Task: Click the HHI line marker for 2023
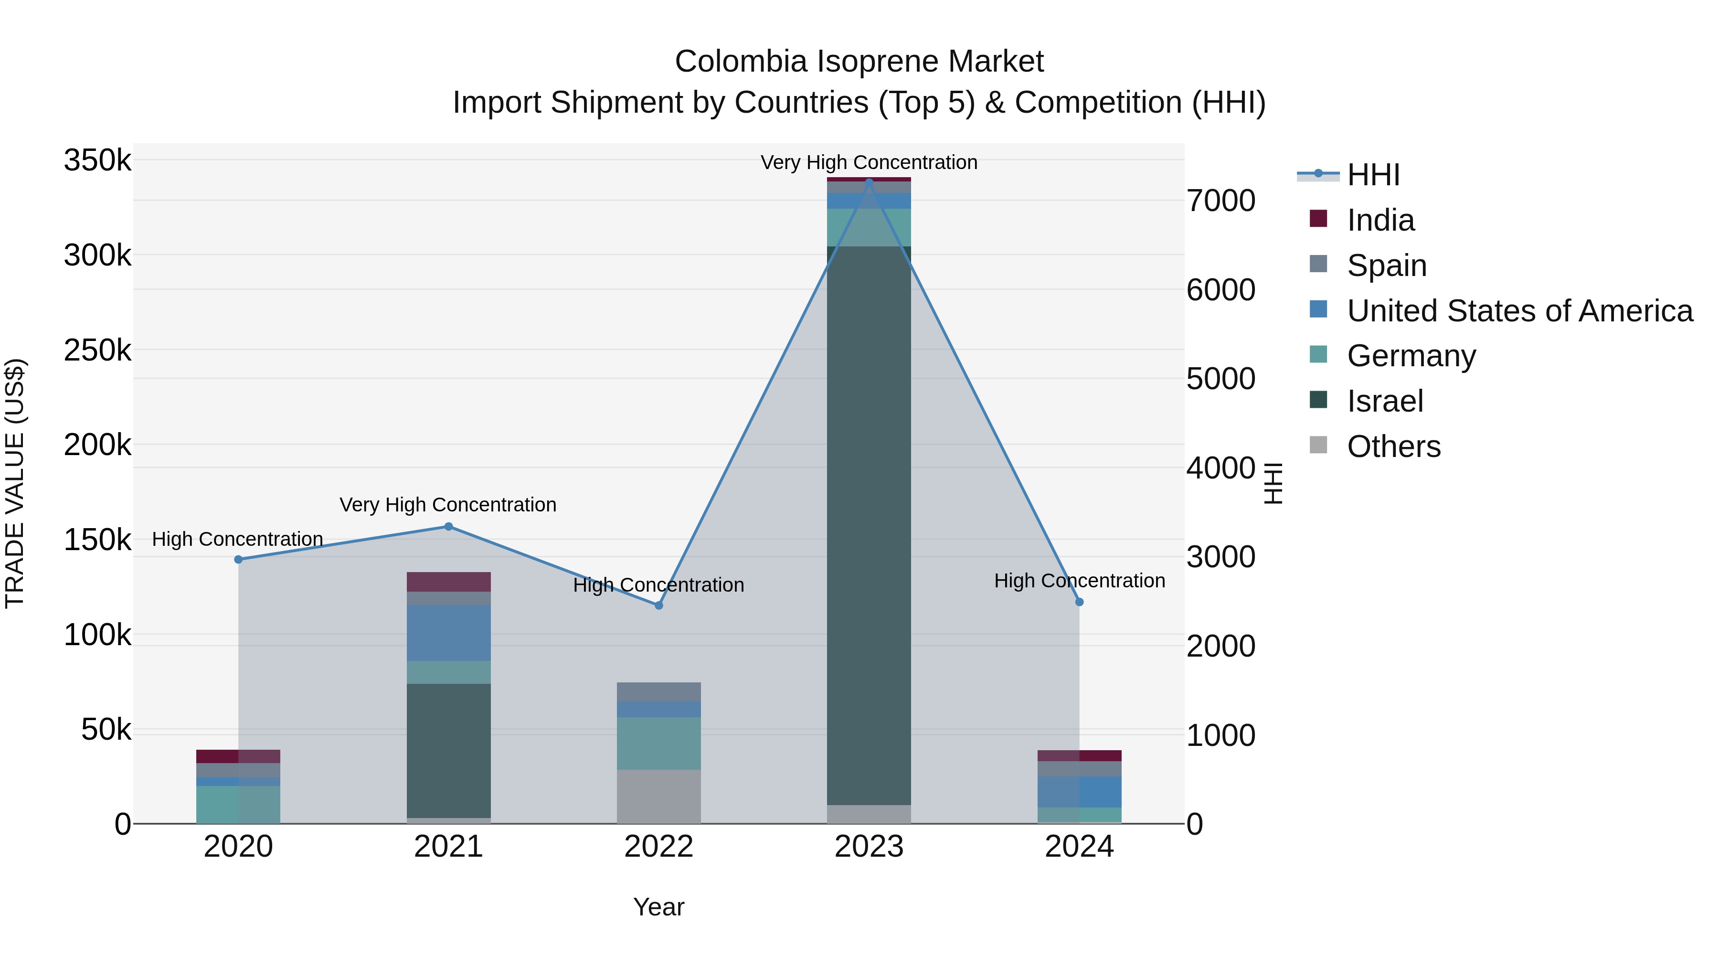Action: [869, 181]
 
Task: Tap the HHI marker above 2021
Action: [448, 527]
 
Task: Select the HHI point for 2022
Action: [658, 606]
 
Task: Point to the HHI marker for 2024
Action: [1079, 602]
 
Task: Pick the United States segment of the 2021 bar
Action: [448, 633]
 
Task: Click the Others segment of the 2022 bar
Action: [658, 796]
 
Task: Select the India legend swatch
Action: [1318, 219]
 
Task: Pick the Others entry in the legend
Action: [1393, 446]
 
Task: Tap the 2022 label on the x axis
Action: [658, 847]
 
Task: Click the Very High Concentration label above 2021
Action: [448, 505]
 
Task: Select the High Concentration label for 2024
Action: [1079, 581]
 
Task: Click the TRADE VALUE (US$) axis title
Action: [15, 483]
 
